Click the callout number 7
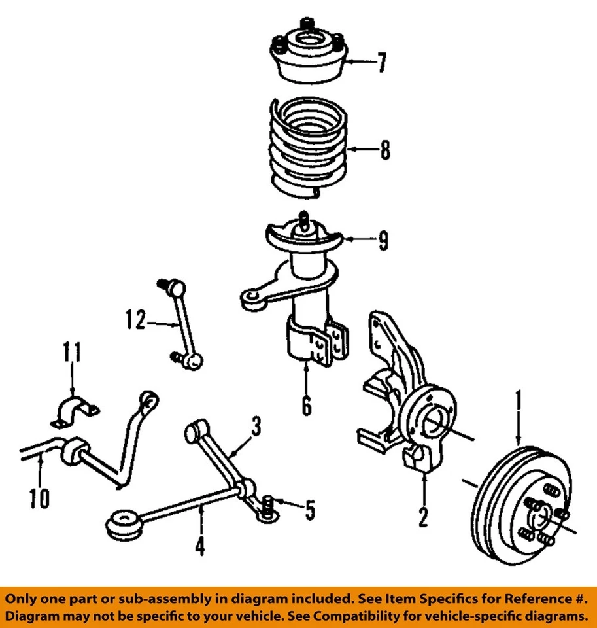point(381,63)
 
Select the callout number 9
point(382,241)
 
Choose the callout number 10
point(39,499)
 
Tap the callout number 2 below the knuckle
point(423,516)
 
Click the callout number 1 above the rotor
point(519,399)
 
